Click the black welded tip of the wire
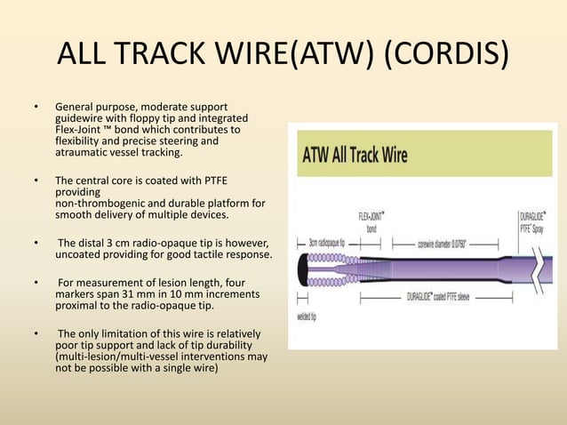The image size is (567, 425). pos(304,268)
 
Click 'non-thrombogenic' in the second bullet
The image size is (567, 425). pos(100,203)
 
